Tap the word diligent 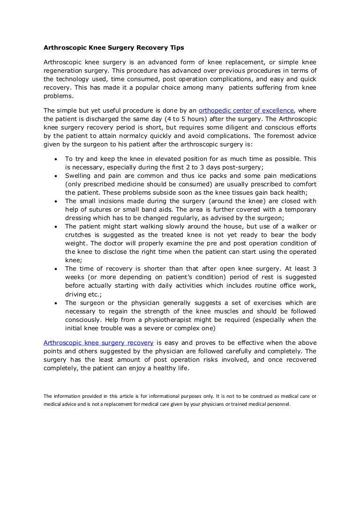[x=237, y=128]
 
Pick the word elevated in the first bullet [x=149, y=159]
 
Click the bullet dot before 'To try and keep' [x=56, y=159]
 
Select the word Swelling [x=78, y=176]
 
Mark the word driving [x=75, y=294]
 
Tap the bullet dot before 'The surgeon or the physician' [x=56, y=303]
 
